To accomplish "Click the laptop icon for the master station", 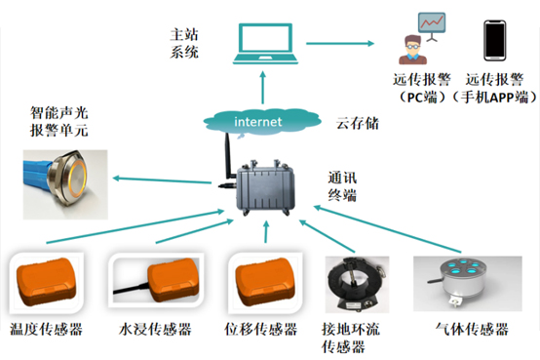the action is pyautogui.click(x=265, y=44).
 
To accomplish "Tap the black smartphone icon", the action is pyautogui.click(x=495, y=40).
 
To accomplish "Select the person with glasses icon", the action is pyautogui.click(x=412, y=50).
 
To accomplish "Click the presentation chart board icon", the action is pyautogui.click(x=432, y=26).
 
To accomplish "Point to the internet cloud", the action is pyautogui.click(x=262, y=122).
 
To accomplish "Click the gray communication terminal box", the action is pyautogui.click(x=265, y=188).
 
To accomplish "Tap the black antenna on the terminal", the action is pyautogui.click(x=229, y=156).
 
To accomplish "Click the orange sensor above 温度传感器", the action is pyautogui.click(x=47, y=282).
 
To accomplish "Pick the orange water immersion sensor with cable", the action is pyautogui.click(x=157, y=280).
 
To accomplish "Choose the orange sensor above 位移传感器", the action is pyautogui.click(x=265, y=282).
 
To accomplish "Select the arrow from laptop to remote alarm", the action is pyautogui.click(x=340, y=44).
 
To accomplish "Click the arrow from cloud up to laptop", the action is pyautogui.click(x=263, y=88).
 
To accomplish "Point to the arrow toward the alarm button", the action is pyautogui.click(x=162, y=180).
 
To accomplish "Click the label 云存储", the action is pyautogui.click(x=358, y=124).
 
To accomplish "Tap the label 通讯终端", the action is pyautogui.click(x=342, y=186).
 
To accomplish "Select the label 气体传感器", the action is pyautogui.click(x=472, y=330).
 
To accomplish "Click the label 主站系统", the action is pyautogui.click(x=184, y=44).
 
